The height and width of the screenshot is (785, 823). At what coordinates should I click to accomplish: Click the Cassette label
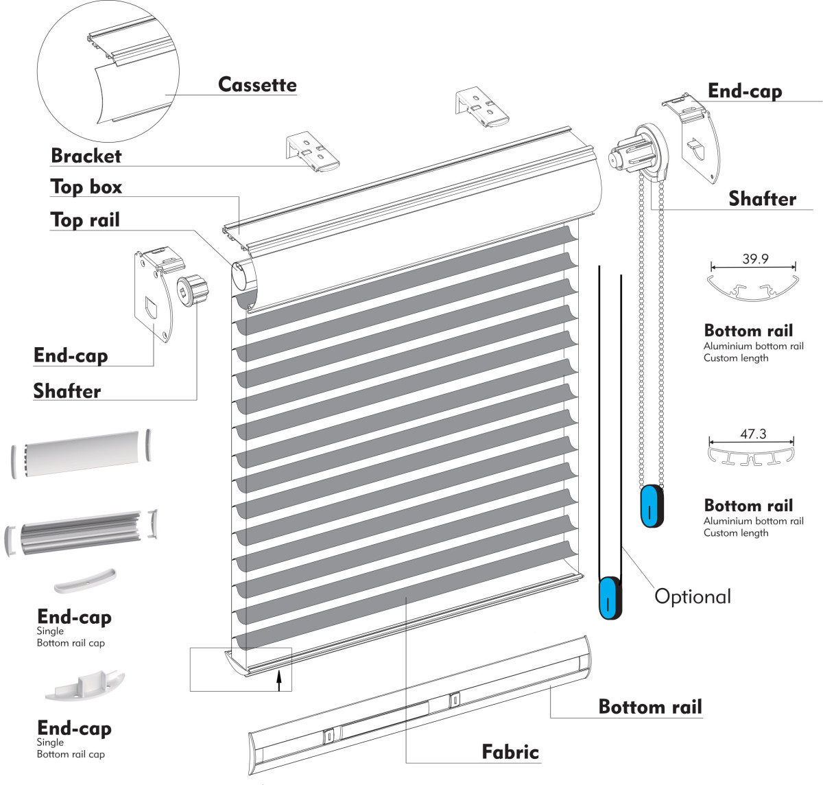pos(257,84)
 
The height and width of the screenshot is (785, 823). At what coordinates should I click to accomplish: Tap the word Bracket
pos(86,156)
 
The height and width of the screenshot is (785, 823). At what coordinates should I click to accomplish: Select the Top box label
pos(86,187)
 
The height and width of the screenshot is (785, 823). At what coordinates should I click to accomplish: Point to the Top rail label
pos(85,220)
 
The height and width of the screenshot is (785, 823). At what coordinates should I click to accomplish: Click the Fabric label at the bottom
pos(510,751)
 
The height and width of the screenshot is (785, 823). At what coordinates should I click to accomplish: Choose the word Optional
pos(693,596)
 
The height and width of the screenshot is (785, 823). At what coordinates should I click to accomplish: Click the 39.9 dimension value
pos(754,259)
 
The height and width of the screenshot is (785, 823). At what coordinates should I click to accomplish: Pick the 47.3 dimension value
pos(753,434)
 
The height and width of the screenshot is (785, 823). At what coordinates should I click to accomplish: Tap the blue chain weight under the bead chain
pos(652,506)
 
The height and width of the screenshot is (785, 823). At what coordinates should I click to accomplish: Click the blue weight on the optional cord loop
pos(610,597)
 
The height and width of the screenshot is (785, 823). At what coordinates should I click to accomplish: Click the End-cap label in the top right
pos(745,91)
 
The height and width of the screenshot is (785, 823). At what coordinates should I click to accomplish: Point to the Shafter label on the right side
pos(762,198)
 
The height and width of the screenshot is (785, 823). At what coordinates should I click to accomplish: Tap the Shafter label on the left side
pos(67,390)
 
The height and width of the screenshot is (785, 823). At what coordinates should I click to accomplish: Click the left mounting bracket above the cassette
pos(312,152)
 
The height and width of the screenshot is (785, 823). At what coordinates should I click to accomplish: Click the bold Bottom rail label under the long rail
pos(650,707)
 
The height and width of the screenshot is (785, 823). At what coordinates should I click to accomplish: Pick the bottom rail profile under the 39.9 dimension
pos(753,288)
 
